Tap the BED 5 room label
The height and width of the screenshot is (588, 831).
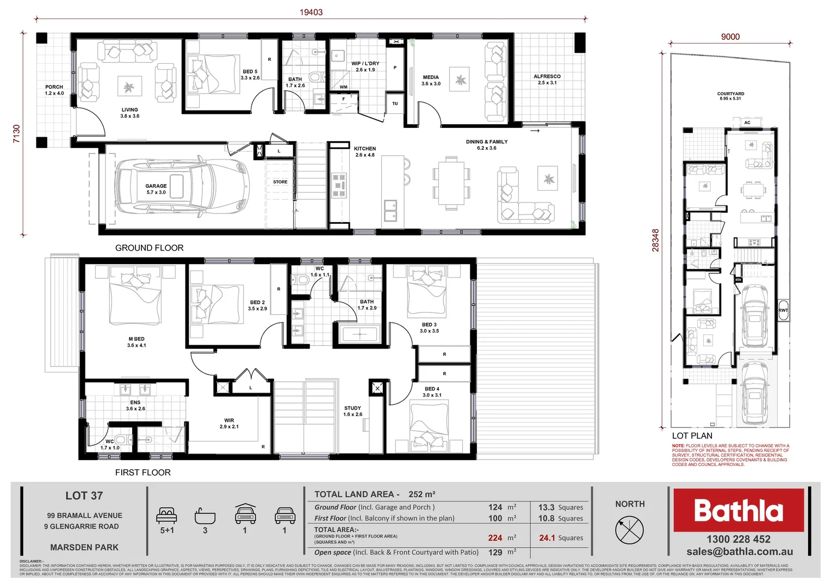250,72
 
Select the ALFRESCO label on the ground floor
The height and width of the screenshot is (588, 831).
547,77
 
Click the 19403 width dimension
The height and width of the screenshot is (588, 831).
311,12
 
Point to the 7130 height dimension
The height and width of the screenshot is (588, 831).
16,134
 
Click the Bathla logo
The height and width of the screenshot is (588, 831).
738,510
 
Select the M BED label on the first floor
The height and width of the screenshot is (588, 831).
137,339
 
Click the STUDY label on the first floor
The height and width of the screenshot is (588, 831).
352,408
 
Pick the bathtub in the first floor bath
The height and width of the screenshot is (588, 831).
359,334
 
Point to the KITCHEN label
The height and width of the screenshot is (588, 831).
365,149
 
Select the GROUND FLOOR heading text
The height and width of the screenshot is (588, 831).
150,248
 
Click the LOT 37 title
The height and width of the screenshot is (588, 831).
84,496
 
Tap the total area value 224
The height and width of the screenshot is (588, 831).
495,538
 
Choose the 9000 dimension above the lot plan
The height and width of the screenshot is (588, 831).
730,36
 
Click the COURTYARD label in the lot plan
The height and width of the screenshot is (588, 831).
730,94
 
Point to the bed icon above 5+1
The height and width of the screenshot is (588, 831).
166,514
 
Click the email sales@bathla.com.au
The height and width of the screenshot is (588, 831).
739,552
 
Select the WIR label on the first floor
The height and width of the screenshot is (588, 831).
229,420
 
